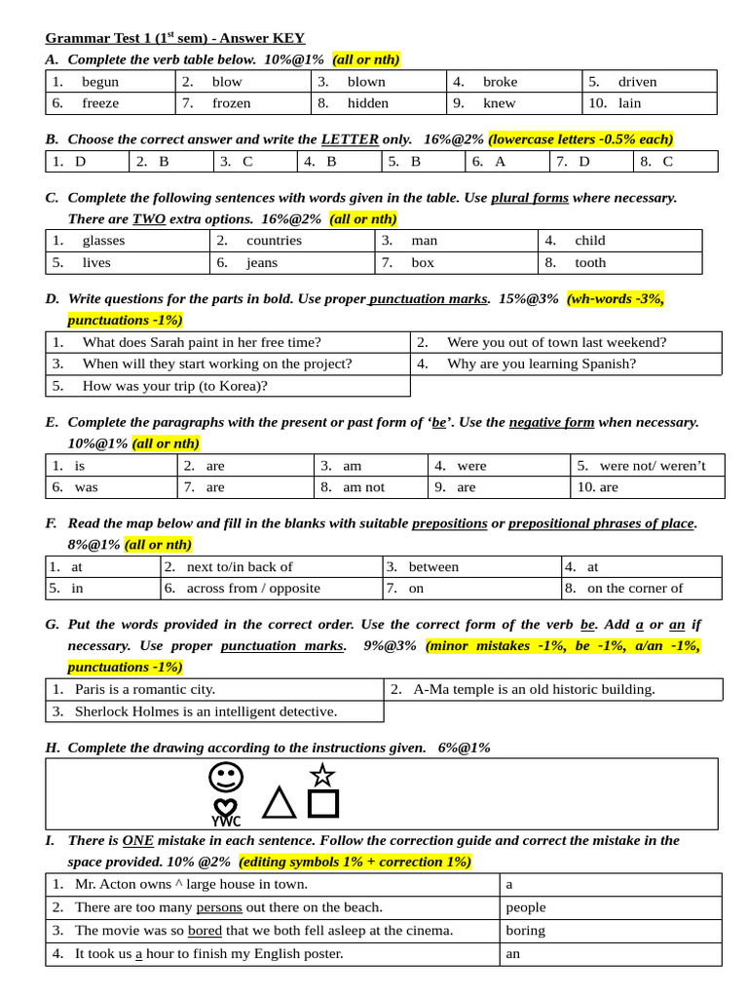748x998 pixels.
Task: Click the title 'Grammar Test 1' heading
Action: [175, 38]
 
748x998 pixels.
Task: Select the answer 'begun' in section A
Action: [100, 82]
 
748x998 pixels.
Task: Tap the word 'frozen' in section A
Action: [231, 103]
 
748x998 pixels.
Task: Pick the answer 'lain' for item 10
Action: [629, 103]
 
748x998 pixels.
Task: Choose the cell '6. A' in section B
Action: [496, 162]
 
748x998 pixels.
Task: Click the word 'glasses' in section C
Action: [103, 241]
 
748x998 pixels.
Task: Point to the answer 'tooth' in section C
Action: [590, 262]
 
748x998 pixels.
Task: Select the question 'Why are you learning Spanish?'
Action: [541, 364]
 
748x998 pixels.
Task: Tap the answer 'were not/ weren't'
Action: [653, 466]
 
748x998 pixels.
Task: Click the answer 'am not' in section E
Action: [363, 487]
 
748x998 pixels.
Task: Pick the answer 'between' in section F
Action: [433, 566]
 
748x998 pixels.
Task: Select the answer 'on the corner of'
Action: [635, 588]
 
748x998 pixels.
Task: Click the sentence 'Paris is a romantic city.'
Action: [145, 689]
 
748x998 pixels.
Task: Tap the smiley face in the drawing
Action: [226, 778]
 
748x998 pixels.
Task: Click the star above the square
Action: [322, 775]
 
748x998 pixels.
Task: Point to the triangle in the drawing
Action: [279, 803]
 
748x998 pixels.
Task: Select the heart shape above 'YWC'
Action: [225, 807]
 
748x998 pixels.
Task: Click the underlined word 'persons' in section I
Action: [218, 907]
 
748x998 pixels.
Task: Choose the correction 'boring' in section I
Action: [526, 930]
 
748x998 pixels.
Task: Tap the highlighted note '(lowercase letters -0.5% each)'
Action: [580, 139]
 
